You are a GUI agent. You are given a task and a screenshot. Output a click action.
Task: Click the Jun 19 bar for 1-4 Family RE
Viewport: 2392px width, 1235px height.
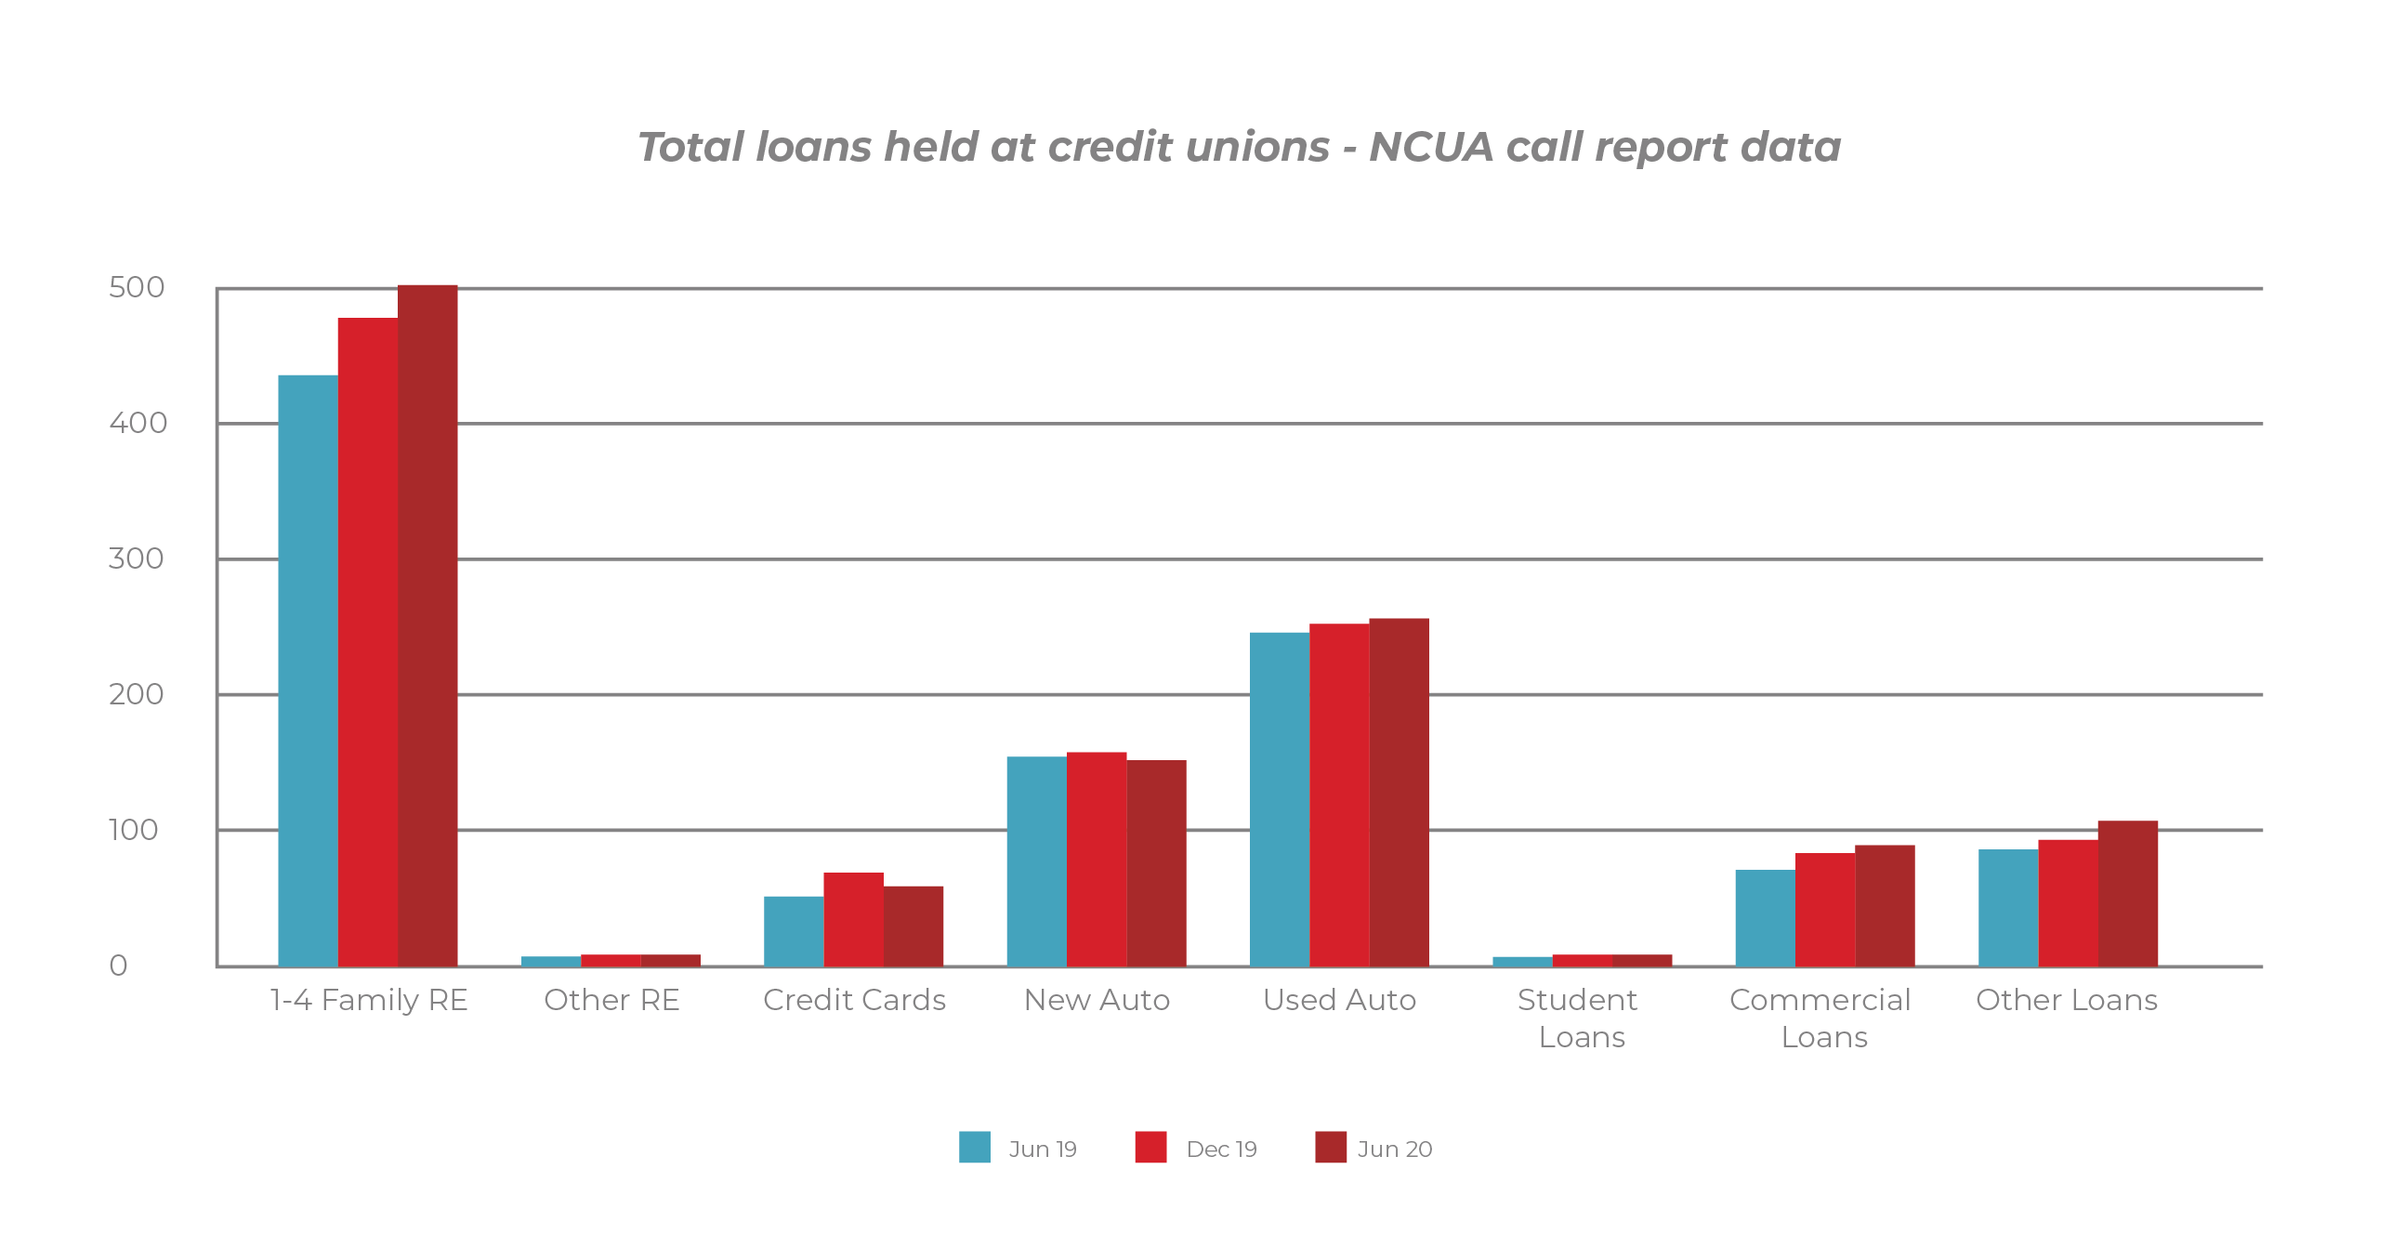click(x=308, y=669)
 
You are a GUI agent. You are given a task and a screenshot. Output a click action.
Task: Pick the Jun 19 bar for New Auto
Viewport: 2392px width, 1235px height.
click(x=1036, y=861)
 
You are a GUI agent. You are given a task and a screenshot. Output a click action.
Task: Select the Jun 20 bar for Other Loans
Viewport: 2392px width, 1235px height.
click(x=2128, y=893)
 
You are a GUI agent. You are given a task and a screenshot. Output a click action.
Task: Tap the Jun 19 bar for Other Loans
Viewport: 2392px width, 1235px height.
click(x=2008, y=907)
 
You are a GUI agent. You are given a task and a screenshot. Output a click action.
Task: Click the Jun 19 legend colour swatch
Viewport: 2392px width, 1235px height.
click(x=975, y=1147)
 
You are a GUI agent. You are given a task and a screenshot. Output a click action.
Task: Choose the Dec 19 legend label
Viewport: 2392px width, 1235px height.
click(x=1221, y=1150)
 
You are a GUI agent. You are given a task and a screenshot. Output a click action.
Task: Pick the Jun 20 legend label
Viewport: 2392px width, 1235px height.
click(x=1394, y=1150)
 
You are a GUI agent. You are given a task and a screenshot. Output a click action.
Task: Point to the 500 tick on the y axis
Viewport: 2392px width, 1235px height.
click(x=137, y=287)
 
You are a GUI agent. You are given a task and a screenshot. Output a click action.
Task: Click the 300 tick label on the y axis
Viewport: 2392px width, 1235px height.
click(x=137, y=558)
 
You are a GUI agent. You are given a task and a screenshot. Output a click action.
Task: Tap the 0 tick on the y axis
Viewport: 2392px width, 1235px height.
click(x=118, y=966)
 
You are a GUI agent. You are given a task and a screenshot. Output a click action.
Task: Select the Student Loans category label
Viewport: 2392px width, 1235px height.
click(x=1580, y=1018)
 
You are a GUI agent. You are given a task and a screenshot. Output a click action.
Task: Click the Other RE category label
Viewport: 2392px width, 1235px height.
click(x=611, y=1000)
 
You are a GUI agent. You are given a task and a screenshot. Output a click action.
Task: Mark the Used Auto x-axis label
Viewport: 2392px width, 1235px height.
click(x=1339, y=1000)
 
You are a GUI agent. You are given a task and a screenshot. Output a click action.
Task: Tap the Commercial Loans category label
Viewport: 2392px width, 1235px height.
click(x=1821, y=1018)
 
